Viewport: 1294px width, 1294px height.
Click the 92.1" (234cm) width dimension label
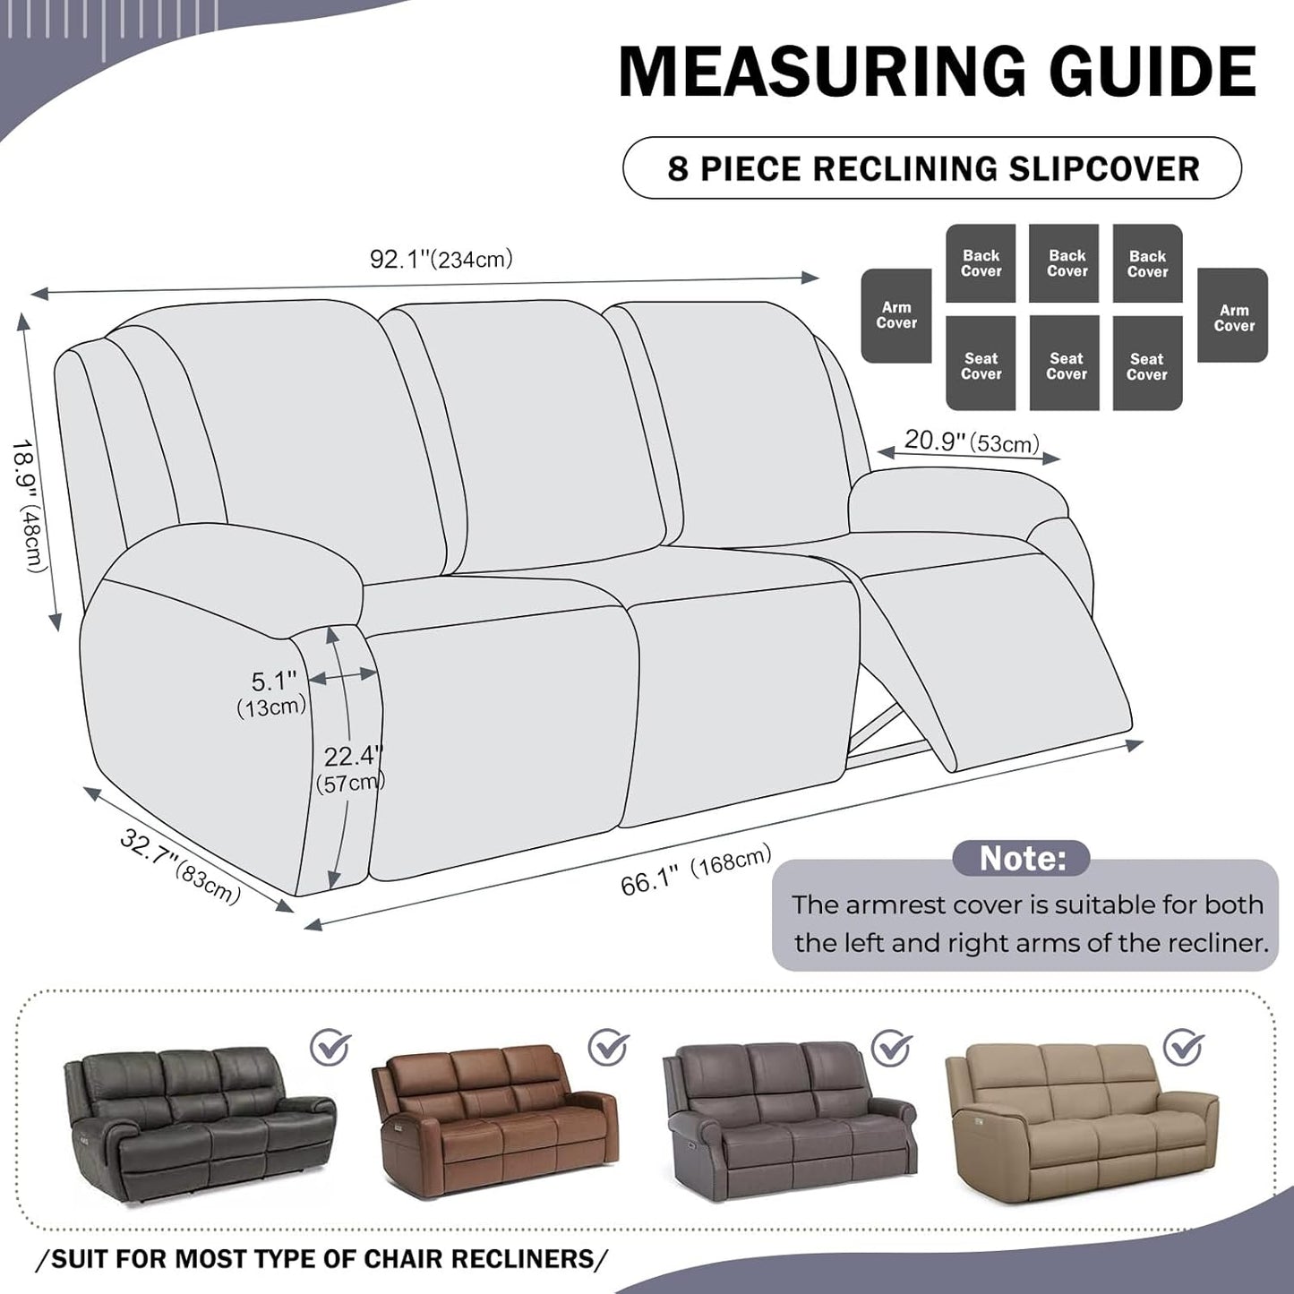pyautogui.click(x=441, y=260)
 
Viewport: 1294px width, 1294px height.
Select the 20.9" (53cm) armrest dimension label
pyautogui.click(x=971, y=441)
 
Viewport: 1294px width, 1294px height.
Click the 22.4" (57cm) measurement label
pyautogui.click(x=351, y=768)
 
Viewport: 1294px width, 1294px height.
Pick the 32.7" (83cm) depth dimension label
pyautogui.click(x=180, y=866)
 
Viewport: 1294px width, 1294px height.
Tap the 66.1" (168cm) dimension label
pyautogui.click(x=695, y=870)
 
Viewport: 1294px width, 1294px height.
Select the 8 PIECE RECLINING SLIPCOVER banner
pyautogui.click(x=932, y=168)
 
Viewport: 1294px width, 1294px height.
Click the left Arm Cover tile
pyautogui.click(x=896, y=315)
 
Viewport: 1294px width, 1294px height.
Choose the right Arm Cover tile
pyautogui.click(x=1233, y=316)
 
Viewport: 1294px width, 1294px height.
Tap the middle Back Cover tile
pyautogui.click(x=1066, y=263)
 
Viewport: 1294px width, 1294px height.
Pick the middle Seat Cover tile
pyautogui.click(x=1066, y=364)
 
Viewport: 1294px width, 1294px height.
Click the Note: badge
pyautogui.click(x=1021, y=858)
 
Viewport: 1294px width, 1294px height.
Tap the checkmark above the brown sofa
pyautogui.click(x=609, y=1046)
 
